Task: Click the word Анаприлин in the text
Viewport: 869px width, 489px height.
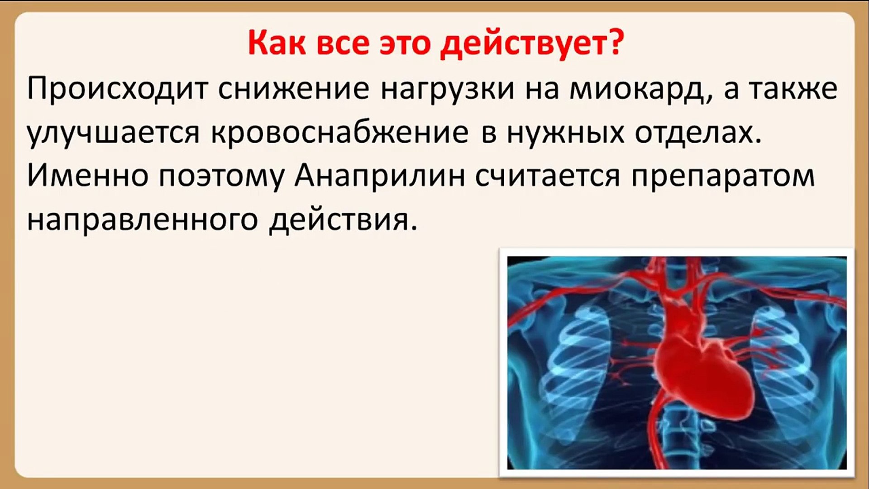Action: pyautogui.click(x=380, y=176)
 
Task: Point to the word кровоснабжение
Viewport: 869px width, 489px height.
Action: pyautogui.click(x=340, y=133)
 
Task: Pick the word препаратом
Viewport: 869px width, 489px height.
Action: pyautogui.click(x=723, y=177)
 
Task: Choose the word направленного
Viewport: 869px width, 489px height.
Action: pyautogui.click(x=142, y=221)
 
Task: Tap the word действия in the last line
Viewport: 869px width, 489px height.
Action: pyautogui.click(x=343, y=221)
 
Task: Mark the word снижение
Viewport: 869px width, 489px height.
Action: pyautogui.click(x=294, y=89)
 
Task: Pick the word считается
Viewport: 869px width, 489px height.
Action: pyautogui.click(x=548, y=177)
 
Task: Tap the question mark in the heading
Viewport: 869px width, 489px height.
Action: pyautogui.click(x=616, y=43)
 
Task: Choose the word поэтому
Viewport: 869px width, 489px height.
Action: pyautogui.click(x=221, y=177)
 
